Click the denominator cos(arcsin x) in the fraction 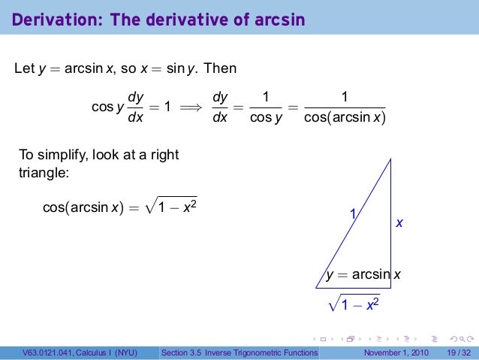[344, 119]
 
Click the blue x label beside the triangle [399, 223]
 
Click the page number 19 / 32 [458, 353]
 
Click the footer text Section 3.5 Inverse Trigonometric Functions [239, 353]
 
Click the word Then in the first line [220, 69]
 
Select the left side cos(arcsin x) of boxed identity [83, 207]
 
